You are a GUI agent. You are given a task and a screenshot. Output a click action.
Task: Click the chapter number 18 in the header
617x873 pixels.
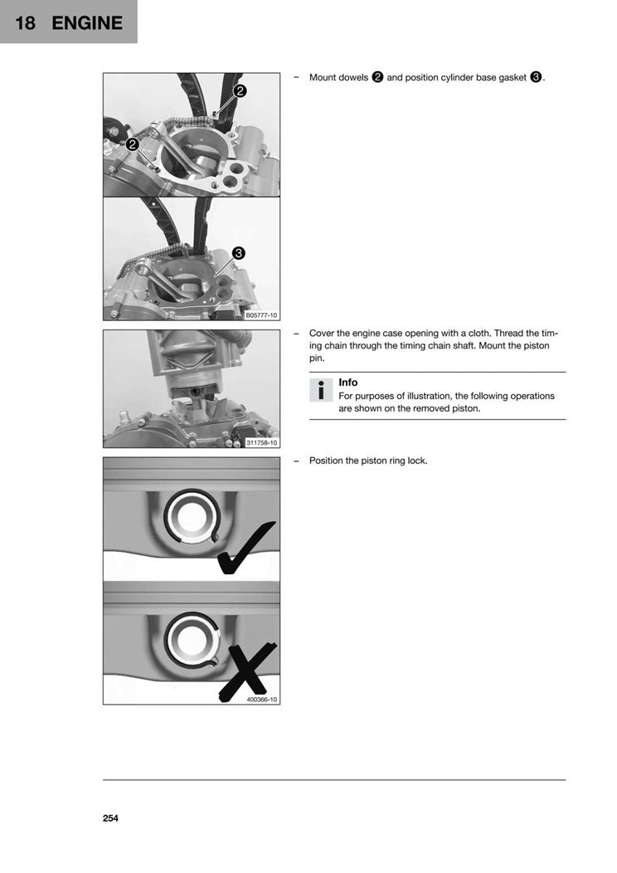coord(26,22)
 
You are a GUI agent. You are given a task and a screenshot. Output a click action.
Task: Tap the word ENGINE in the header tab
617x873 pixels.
coord(87,22)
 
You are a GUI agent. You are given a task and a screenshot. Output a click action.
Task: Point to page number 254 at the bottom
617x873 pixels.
coord(111,818)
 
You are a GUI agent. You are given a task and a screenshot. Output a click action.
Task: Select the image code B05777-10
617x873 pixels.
coord(262,315)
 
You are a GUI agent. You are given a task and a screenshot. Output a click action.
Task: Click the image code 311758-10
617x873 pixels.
coord(262,442)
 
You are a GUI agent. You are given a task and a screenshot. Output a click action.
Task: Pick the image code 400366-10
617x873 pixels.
coord(262,700)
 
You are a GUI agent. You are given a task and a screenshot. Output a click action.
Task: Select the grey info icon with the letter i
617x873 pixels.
coord(320,390)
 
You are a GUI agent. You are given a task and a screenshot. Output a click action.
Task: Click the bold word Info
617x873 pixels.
coord(348,383)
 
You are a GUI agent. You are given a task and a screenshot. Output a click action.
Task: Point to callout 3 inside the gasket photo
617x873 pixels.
coord(238,253)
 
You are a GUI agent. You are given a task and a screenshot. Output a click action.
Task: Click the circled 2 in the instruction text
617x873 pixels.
coord(377,77)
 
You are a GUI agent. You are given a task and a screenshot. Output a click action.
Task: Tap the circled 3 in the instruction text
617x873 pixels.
coord(536,77)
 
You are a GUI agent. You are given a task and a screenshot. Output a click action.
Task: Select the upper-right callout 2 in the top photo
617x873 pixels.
coord(239,91)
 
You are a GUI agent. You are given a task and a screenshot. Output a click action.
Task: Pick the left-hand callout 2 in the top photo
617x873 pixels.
coord(133,144)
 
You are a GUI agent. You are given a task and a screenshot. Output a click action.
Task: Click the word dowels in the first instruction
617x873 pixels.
coord(352,77)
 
